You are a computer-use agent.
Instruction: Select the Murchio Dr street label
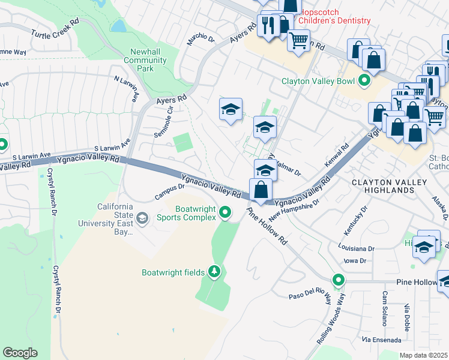tap(200, 40)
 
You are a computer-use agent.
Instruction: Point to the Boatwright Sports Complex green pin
tap(225, 212)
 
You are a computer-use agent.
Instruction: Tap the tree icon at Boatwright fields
tap(214, 272)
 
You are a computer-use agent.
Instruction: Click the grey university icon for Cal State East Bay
tap(142, 218)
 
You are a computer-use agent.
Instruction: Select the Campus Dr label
tap(169, 191)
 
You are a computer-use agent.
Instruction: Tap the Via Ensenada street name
tap(381, 340)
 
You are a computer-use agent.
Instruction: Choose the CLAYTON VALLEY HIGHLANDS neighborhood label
tap(389, 186)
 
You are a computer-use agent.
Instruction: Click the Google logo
tap(20, 352)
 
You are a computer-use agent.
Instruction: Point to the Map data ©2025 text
tap(424, 355)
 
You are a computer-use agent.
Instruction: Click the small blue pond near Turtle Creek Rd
tap(118, 26)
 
